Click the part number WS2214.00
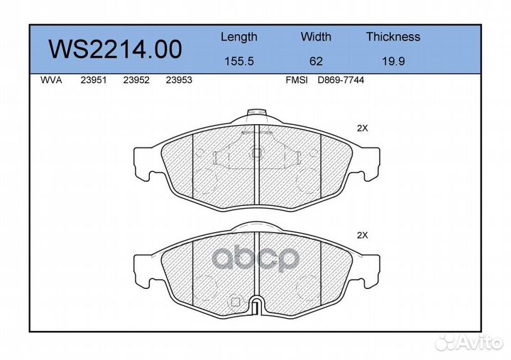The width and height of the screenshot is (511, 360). coord(114,49)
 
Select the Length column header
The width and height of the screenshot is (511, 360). coord(238,37)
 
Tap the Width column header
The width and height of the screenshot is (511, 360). coord(316,37)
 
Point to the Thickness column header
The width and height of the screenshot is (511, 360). coord(392,37)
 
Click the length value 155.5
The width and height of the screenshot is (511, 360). coord(238,61)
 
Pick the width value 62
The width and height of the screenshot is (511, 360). coord(316,61)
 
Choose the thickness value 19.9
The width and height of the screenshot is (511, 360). coord(392,61)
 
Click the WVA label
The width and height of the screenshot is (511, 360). coord(52,80)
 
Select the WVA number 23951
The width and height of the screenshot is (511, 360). coord(94,80)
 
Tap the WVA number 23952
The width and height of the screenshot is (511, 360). coord(136,80)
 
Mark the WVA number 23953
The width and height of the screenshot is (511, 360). coord(178,80)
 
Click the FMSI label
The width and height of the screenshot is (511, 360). coord(296,80)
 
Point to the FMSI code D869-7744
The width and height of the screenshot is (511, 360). coord(341,80)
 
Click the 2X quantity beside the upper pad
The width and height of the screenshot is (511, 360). coord(362,129)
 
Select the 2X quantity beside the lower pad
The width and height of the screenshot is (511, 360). coord(362,235)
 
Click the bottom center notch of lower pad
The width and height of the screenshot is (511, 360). coord(257,305)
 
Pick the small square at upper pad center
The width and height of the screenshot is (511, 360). coord(257,152)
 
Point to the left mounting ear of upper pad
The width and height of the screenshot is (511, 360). coord(145,163)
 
